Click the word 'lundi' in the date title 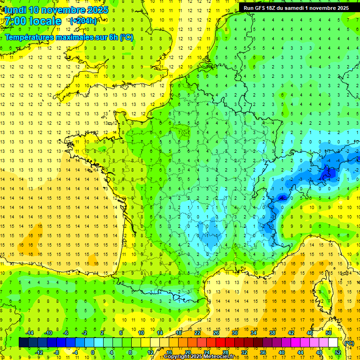pyautogui.click(x=15, y=10)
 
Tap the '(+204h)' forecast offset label pyautogui.click(x=83, y=21)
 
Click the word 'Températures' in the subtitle pyautogui.click(x=29, y=37)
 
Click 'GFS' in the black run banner pyautogui.click(x=263, y=8)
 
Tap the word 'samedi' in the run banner pyautogui.click(x=301, y=8)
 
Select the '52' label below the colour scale pyautogui.click(x=338, y=352)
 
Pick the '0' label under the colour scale pyautogui.click(x=93, y=352)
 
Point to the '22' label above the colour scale pyautogui.click(x=197, y=332)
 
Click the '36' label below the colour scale pyautogui.click(x=263, y=352)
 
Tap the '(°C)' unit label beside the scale pyautogui.click(x=349, y=343)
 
